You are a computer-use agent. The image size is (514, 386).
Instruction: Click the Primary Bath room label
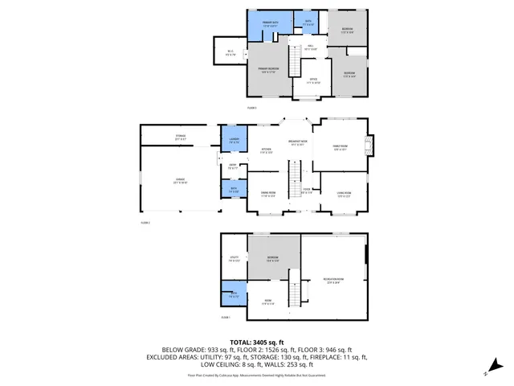point(269,26)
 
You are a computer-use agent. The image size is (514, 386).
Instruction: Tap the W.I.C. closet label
point(230,53)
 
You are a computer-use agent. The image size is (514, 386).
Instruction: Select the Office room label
point(313,80)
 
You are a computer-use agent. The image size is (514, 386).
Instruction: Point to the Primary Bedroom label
point(268,70)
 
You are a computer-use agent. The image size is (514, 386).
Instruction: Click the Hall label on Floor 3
point(312,47)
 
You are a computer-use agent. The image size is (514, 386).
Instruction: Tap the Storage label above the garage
point(181,138)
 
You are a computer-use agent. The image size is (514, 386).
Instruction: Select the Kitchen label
point(266,150)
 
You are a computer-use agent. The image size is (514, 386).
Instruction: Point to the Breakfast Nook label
point(300,144)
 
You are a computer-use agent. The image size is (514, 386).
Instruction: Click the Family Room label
point(341,147)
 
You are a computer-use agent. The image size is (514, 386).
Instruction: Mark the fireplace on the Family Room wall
point(368,146)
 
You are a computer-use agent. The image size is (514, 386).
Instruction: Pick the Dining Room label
point(267,194)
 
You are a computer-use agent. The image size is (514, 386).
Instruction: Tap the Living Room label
point(345,194)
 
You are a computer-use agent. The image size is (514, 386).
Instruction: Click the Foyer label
point(306,191)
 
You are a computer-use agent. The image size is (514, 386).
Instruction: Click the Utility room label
point(234,259)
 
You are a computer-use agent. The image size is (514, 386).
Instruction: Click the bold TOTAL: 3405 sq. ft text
point(256,342)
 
